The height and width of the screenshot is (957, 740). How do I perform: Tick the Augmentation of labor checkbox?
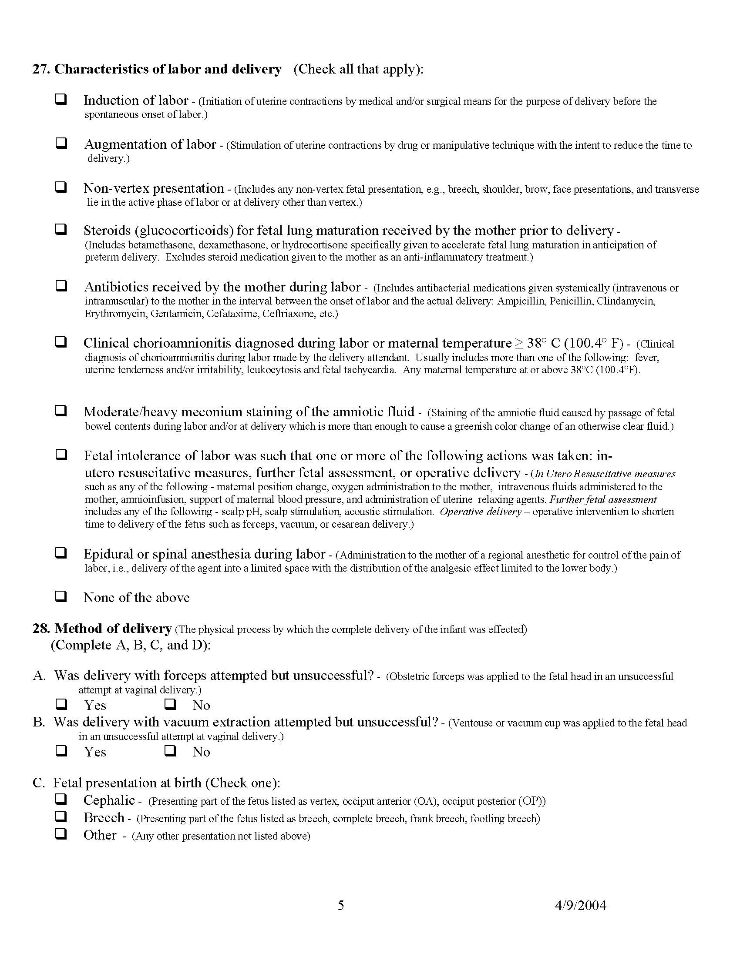click(x=61, y=143)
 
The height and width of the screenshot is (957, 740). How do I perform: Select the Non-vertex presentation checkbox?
click(x=61, y=187)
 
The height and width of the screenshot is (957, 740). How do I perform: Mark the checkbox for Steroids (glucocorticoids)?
click(x=61, y=229)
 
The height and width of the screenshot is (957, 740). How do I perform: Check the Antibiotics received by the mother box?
click(x=61, y=286)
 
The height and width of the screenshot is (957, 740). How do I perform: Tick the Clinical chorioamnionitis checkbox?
click(x=61, y=341)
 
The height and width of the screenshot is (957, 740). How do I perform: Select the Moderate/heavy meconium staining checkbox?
click(x=61, y=411)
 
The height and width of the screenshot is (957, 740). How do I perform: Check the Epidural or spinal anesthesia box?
click(x=61, y=552)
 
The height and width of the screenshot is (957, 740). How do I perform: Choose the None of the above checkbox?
click(x=61, y=596)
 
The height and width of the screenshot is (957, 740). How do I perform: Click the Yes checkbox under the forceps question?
click(x=61, y=704)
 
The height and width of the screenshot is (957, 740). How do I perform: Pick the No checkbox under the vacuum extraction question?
click(x=170, y=751)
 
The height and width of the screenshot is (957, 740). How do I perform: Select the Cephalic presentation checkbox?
click(x=61, y=799)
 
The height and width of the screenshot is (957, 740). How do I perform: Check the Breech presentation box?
click(x=61, y=816)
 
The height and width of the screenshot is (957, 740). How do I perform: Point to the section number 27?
click(x=41, y=69)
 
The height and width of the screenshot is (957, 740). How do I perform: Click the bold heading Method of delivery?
click(x=113, y=629)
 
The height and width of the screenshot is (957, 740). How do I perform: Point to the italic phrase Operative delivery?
click(x=481, y=512)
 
